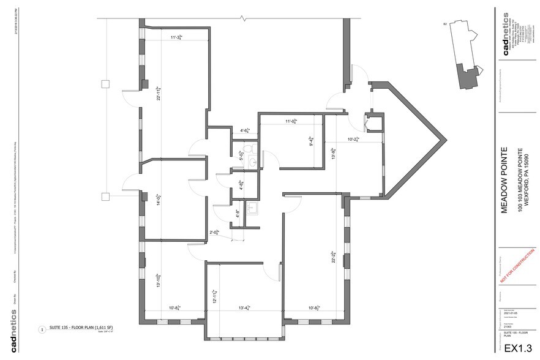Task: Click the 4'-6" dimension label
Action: pyautogui.click(x=246, y=130)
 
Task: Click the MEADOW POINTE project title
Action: pyautogui.click(x=505, y=179)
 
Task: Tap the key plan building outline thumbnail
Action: pyautogui.click(x=466, y=58)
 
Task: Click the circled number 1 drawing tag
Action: pyautogui.click(x=42, y=329)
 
